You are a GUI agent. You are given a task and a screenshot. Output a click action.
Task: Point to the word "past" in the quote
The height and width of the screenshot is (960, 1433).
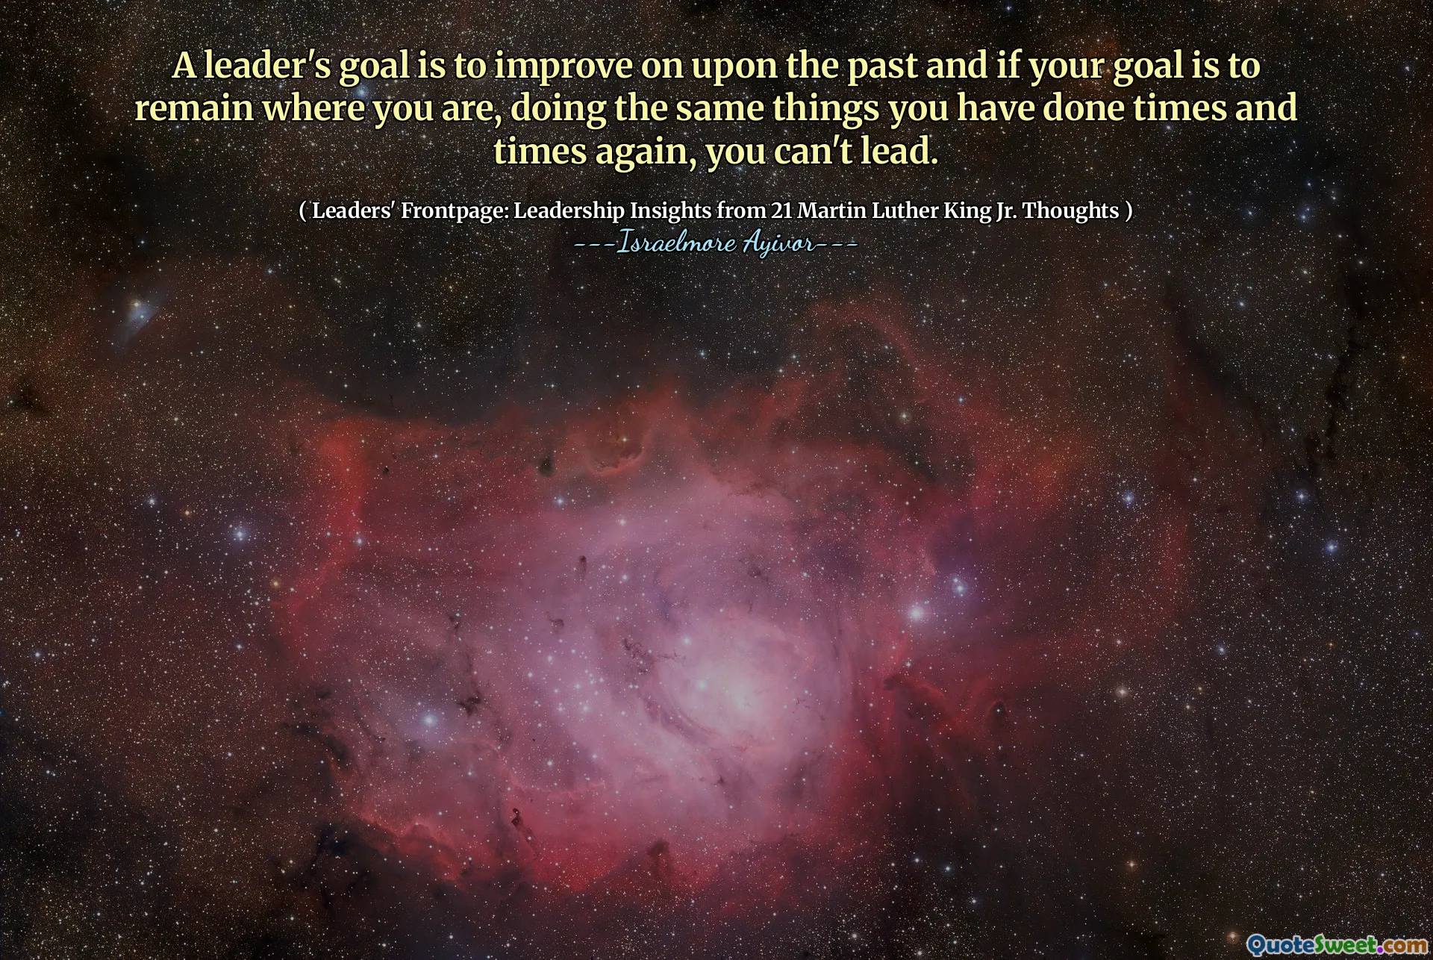[x=881, y=66]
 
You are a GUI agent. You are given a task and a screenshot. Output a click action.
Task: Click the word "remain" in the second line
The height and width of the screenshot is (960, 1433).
[x=194, y=109]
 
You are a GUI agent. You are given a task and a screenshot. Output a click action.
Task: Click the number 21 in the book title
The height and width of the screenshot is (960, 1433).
[x=781, y=211]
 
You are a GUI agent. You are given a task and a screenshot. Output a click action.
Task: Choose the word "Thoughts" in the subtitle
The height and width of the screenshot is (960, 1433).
[x=1070, y=211]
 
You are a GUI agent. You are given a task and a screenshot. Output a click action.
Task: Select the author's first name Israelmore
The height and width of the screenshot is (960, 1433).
[x=676, y=244]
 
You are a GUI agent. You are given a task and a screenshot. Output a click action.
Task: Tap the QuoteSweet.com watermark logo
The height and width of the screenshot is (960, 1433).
[x=1335, y=944]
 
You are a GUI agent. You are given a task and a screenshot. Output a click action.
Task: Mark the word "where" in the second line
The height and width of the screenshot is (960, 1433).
[x=313, y=109]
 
